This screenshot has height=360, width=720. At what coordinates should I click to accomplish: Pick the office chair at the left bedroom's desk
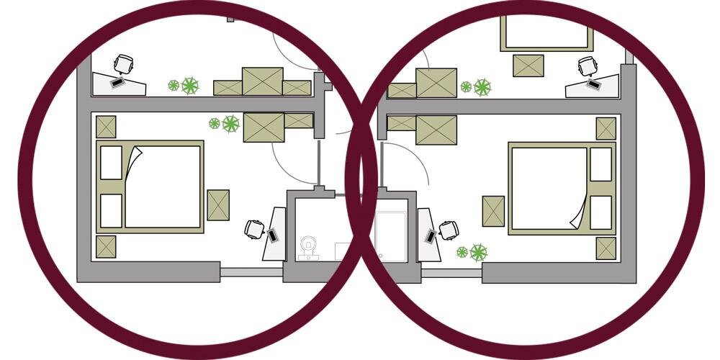point(254,230)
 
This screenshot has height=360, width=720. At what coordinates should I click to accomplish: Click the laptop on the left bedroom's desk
point(273,235)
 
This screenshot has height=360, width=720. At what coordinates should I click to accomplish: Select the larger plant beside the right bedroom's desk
point(478,252)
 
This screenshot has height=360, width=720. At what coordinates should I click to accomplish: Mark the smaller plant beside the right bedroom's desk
point(462,252)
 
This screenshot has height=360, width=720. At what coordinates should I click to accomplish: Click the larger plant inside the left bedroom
point(230,124)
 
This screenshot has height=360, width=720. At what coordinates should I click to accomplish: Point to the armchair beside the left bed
point(218,204)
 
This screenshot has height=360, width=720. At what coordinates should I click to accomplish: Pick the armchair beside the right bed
point(493,211)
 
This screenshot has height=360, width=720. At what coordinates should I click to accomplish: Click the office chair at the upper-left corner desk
point(124,64)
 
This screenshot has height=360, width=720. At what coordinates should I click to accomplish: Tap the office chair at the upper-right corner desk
point(588,67)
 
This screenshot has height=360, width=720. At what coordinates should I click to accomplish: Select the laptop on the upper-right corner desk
point(593,84)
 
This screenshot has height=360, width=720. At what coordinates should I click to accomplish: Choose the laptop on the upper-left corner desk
point(117,82)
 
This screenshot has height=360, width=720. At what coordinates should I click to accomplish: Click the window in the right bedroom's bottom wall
point(451,273)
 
